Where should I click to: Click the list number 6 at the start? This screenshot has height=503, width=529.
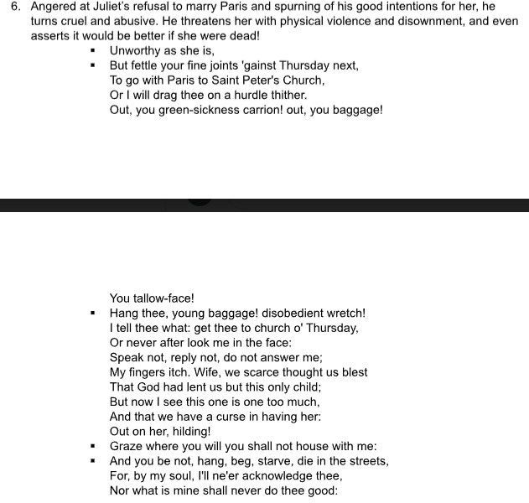click(15, 6)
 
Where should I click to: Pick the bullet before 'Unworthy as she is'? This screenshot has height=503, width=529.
click(94, 50)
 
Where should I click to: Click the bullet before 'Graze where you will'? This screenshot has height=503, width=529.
click(94, 447)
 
